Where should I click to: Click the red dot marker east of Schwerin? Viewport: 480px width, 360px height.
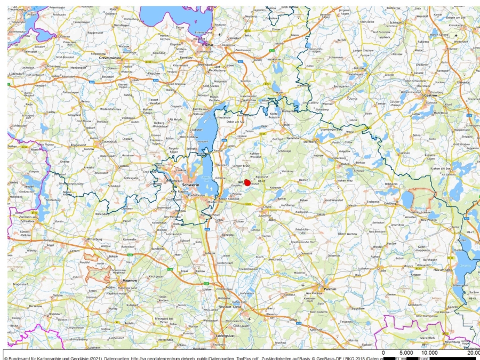click(x=247, y=182)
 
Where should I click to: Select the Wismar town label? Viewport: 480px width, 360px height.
click(x=206, y=45)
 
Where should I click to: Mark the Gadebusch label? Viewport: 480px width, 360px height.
click(x=109, y=141)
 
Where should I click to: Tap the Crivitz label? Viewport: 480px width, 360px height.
click(x=267, y=206)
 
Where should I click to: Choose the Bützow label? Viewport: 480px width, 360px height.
click(x=358, y=68)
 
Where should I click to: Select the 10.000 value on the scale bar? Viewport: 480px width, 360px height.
click(x=429, y=353)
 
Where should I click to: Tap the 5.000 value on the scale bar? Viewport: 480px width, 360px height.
click(x=406, y=353)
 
